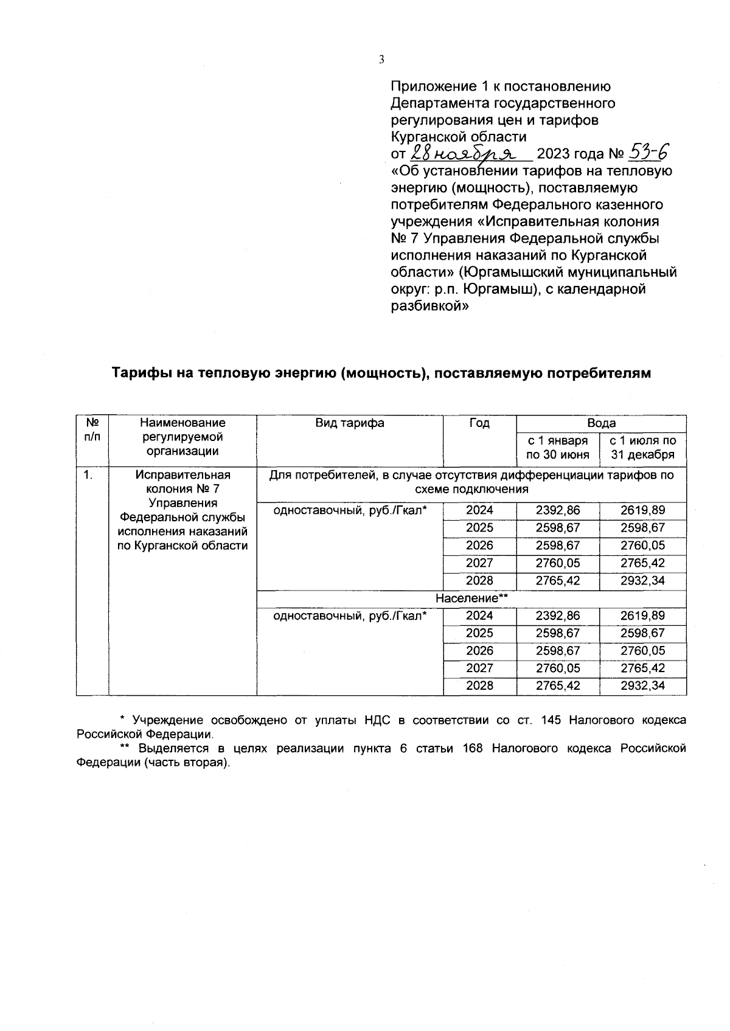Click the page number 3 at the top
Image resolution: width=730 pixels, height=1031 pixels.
coord(381,59)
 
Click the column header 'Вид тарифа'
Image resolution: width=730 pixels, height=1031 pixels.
coord(349,423)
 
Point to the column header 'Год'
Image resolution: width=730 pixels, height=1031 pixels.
coord(479,423)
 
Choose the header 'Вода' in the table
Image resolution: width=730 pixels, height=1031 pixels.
coord(601,423)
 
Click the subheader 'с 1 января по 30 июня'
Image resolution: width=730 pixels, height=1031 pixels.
coord(558,447)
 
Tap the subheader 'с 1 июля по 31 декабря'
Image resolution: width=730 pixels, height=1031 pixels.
coord(643,447)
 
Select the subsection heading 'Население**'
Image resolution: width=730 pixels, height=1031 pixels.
coord(471,599)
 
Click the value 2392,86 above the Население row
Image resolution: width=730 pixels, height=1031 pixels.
coord(558,511)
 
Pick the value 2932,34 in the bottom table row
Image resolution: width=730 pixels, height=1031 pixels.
coord(643,686)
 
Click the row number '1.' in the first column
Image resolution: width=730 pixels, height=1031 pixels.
coord(89,475)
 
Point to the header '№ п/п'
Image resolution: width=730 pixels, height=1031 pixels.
coord(92,429)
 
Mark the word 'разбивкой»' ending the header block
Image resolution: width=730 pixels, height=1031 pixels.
coord(429,307)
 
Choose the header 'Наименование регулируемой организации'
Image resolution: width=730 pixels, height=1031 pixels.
coord(182,437)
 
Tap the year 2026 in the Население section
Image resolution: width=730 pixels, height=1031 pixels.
coord(479,651)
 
